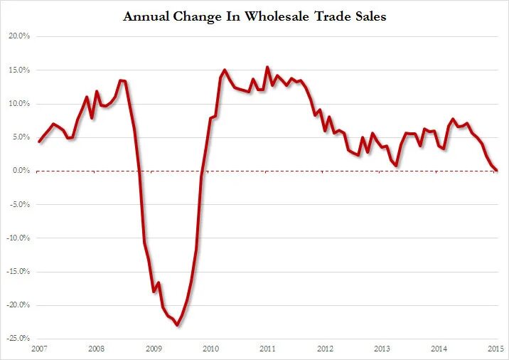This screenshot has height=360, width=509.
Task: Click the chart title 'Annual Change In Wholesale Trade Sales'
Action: [254, 16]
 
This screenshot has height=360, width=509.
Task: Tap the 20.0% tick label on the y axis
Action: [18, 36]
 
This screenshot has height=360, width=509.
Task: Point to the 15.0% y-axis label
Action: [18, 70]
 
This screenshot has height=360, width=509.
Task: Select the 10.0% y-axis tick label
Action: [18, 104]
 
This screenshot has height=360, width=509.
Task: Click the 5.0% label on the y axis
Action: [19, 137]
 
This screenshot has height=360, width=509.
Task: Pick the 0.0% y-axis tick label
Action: [19, 171]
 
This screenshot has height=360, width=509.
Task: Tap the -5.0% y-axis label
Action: [18, 204]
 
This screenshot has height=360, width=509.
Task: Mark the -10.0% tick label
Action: [16, 238]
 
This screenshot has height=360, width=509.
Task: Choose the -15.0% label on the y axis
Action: [16, 272]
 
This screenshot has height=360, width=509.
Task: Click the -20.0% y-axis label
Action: [16, 305]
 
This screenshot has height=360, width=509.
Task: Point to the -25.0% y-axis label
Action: [16, 339]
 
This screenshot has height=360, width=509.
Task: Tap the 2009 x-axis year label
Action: [153, 349]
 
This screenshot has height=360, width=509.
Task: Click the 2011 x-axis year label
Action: [267, 349]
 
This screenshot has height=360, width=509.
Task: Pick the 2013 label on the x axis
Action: [382, 349]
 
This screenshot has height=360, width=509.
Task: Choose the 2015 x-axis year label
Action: [496, 349]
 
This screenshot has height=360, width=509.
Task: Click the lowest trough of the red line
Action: [177, 325]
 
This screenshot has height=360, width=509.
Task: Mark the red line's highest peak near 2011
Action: [267, 67]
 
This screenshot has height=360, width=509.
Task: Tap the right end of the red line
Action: [496, 170]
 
